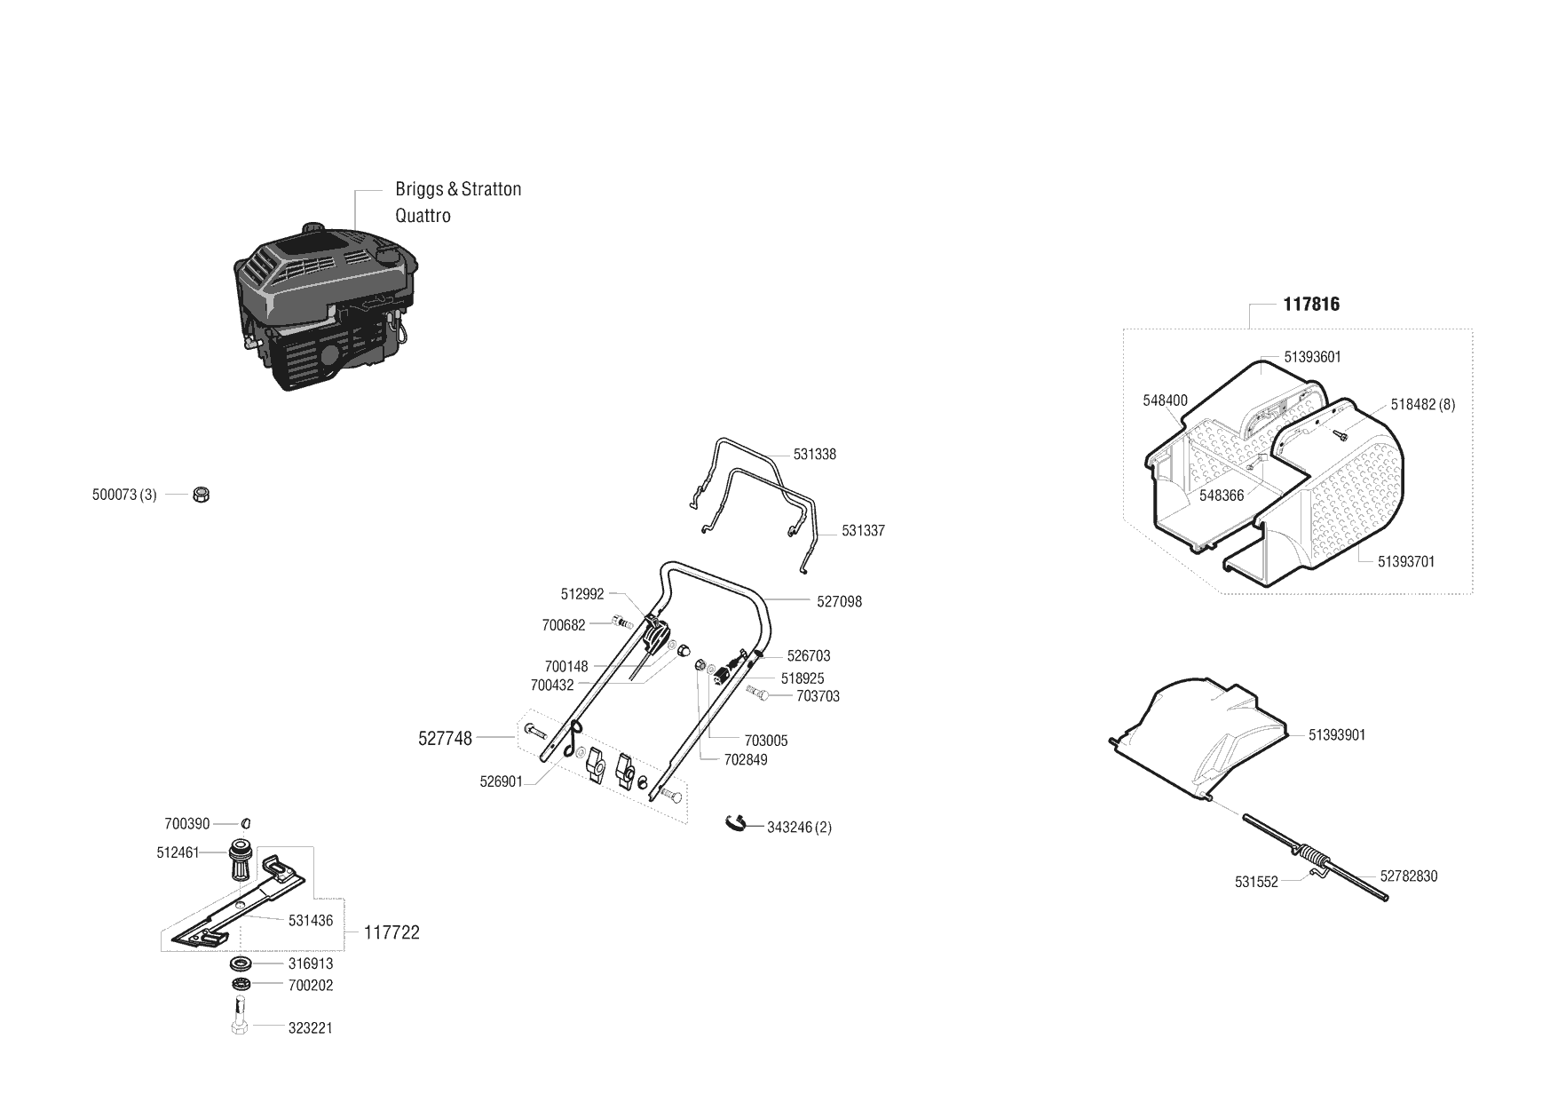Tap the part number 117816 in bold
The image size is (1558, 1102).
pos(1311,305)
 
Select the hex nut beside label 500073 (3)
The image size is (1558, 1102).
pos(201,495)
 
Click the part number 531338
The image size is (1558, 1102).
pos(814,455)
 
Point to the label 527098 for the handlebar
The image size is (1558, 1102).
pos(839,602)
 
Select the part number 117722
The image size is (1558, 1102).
pos(391,933)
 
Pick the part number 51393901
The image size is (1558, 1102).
pos(1337,735)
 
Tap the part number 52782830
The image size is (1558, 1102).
pos(1408,876)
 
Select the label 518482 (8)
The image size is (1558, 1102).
pos(1422,405)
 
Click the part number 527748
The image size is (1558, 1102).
pos(445,738)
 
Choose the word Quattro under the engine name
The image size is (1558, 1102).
pos(423,216)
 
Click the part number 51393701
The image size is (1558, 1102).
pos(1406,562)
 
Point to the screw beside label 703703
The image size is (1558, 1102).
pos(758,693)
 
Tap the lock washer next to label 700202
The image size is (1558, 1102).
pos(241,985)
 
